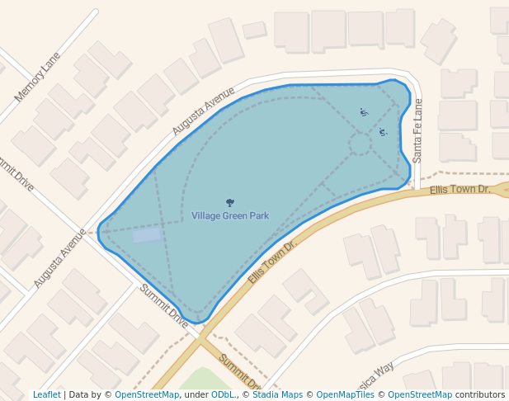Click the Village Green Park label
[x=230, y=216]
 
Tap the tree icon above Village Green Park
[x=229, y=202]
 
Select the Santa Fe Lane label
[x=417, y=130]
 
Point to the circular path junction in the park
[x=361, y=144]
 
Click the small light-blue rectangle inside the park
[x=146, y=235]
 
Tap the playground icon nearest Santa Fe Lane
[x=383, y=132]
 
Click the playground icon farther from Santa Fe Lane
[x=364, y=112]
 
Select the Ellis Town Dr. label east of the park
[x=460, y=190]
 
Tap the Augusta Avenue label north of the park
[x=203, y=111]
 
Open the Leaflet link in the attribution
[x=47, y=395]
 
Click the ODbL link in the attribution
[x=223, y=395]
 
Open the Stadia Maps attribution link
[x=277, y=395]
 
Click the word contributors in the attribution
[x=479, y=395]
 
